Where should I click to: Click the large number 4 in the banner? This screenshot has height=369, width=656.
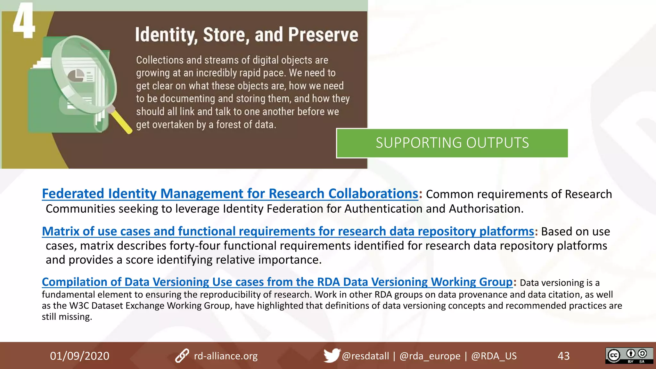(x=23, y=21)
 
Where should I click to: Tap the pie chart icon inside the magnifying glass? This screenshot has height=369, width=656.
(x=76, y=76)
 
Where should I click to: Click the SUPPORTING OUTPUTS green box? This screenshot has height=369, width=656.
(x=452, y=143)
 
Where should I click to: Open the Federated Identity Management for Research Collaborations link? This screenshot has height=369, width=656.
(x=230, y=194)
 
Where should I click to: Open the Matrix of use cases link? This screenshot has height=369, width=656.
(x=288, y=231)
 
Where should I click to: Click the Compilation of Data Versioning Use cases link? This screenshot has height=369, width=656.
(x=277, y=282)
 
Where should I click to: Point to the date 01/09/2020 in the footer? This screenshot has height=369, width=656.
(x=79, y=356)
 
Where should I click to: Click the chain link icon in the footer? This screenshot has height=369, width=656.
(x=182, y=356)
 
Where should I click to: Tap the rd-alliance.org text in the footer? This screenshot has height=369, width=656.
(x=225, y=356)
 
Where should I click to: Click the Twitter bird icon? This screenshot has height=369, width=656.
(x=331, y=355)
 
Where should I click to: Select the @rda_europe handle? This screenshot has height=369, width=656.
(x=430, y=356)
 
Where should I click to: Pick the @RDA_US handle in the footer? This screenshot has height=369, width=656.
(x=494, y=356)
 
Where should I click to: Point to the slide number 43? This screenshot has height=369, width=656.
(x=563, y=356)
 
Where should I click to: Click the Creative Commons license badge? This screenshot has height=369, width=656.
(x=629, y=356)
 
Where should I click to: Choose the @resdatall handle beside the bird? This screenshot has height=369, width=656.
(x=365, y=356)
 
